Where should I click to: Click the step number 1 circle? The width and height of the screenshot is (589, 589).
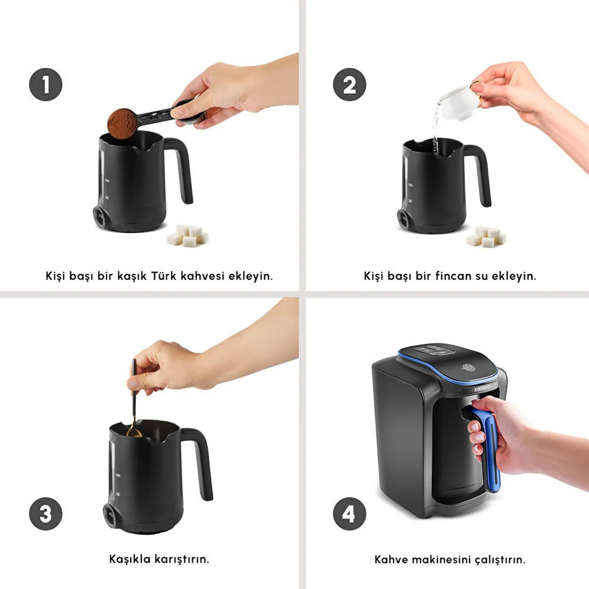(x=45, y=85)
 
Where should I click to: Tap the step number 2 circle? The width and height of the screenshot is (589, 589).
(x=349, y=85)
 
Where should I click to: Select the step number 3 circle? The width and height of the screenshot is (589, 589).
(x=45, y=514)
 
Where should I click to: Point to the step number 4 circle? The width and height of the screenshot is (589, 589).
(x=349, y=514)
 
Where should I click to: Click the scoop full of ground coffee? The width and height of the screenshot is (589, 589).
(x=123, y=123)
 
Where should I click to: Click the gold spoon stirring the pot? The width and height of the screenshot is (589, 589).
(x=133, y=404)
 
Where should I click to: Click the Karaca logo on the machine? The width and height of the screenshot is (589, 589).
(x=482, y=388)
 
